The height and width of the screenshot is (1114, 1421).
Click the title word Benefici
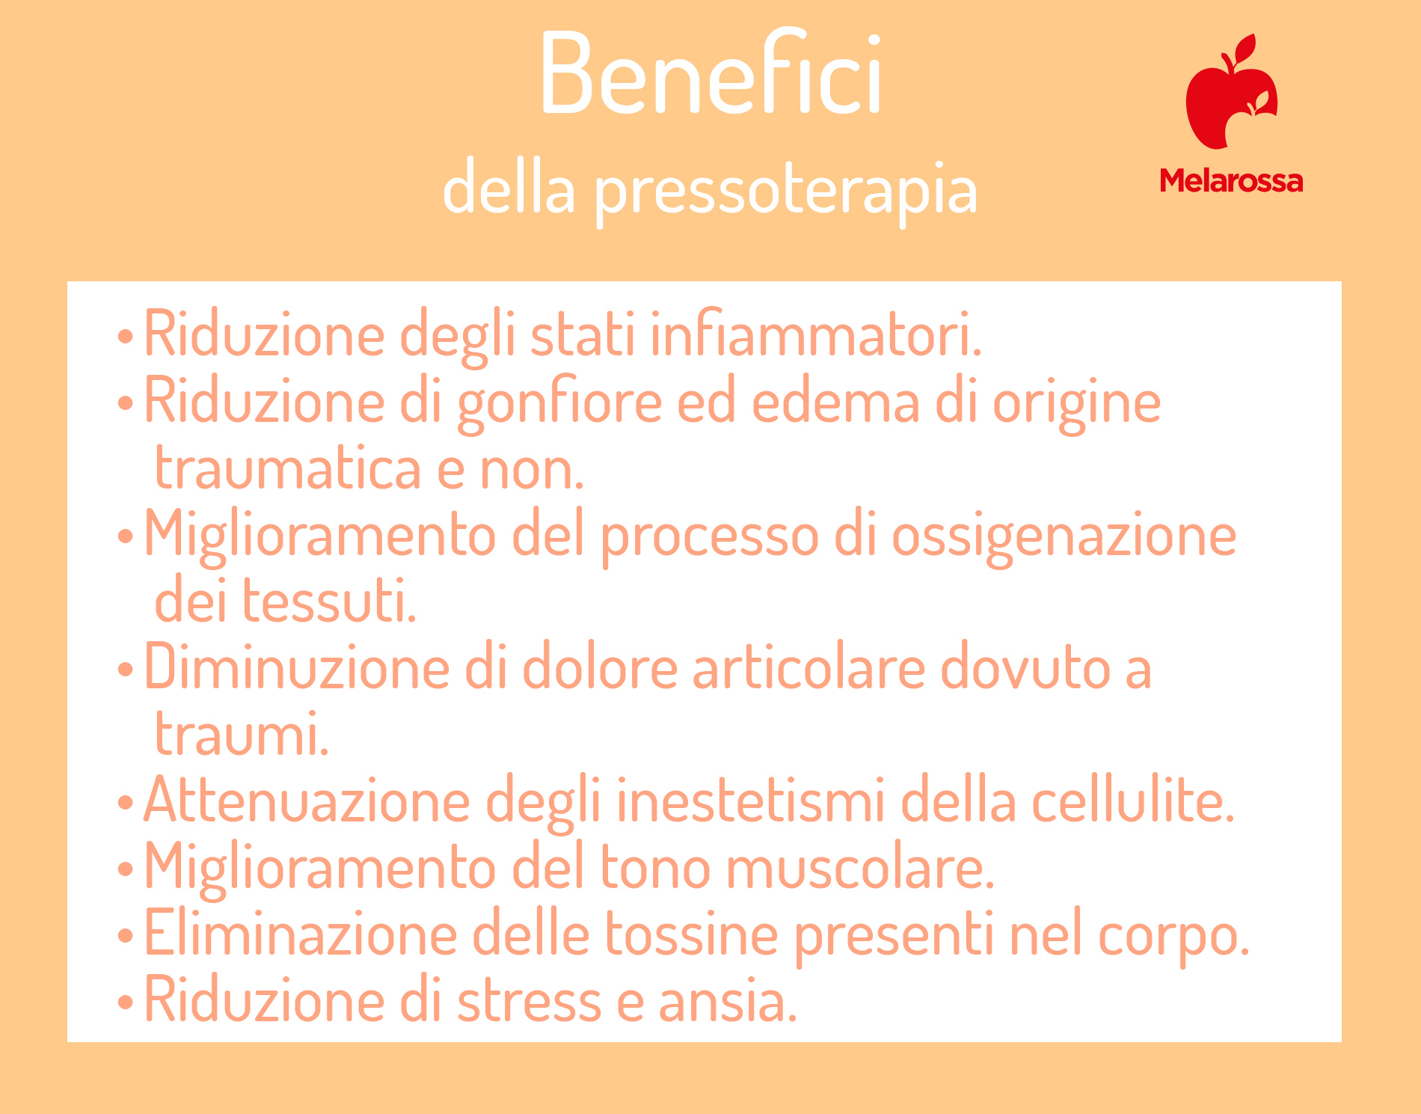tap(710, 73)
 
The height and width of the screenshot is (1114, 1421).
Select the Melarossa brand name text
tap(1231, 181)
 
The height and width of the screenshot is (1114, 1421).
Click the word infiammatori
tap(815, 334)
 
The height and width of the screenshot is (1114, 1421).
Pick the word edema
tap(835, 402)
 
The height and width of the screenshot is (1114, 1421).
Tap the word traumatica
tap(288, 468)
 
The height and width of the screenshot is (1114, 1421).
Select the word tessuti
tap(329, 601)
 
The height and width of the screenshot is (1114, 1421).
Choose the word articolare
tap(808, 667)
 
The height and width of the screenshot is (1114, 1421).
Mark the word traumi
tap(242, 735)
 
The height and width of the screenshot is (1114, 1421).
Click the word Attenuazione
tap(307, 801)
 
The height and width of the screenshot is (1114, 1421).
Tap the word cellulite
tap(1132, 801)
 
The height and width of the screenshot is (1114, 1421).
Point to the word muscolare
tap(859, 868)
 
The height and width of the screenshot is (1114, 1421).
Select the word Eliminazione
tap(300, 934)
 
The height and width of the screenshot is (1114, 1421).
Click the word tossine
tap(690, 934)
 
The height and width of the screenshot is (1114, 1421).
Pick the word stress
tap(529, 1001)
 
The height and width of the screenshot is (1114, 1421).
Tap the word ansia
tap(727, 1001)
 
